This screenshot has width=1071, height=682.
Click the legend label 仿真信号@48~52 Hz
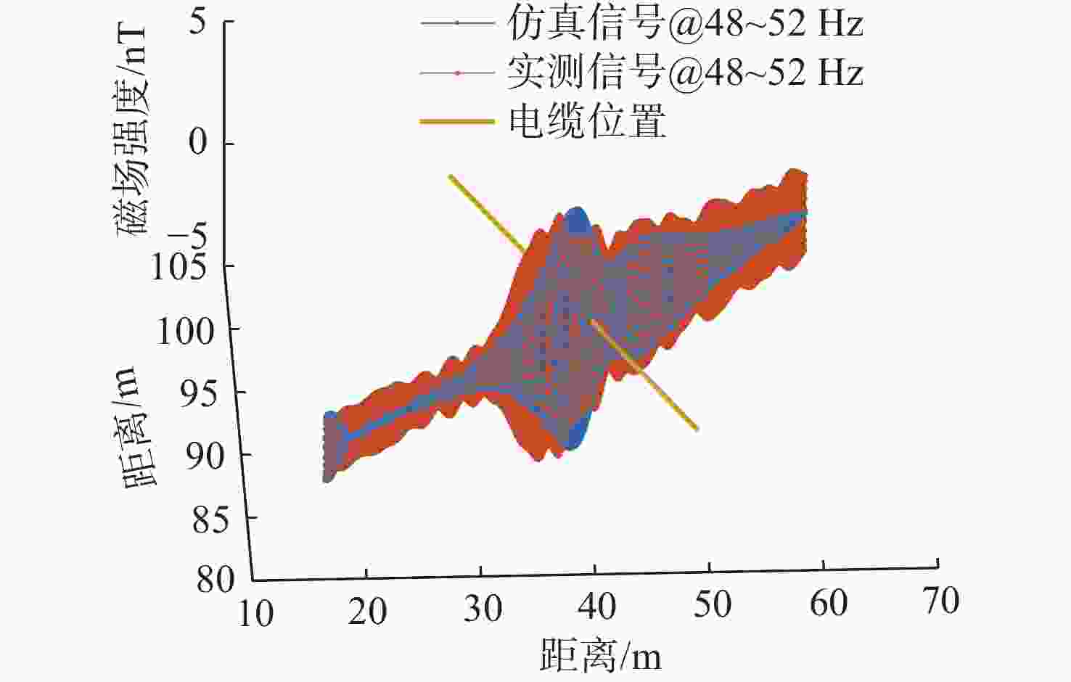click(x=684, y=24)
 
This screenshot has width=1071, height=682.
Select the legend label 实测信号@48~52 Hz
click(x=684, y=73)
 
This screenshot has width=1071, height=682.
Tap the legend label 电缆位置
click(x=586, y=120)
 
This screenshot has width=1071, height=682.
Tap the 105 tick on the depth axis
click(x=178, y=267)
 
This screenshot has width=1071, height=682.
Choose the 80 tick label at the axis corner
click(x=216, y=580)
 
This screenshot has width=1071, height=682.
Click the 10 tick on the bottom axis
click(x=255, y=614)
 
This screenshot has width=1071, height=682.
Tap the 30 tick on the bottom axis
click(x=483, y=609)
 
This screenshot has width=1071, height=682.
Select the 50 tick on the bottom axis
click(x=712, y=604)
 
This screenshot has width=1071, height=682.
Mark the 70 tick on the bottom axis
click(x=940, y=601)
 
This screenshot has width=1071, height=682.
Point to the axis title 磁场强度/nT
click(x=133, y=131)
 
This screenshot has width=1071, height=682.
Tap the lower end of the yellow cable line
click(x=696, y=429)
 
